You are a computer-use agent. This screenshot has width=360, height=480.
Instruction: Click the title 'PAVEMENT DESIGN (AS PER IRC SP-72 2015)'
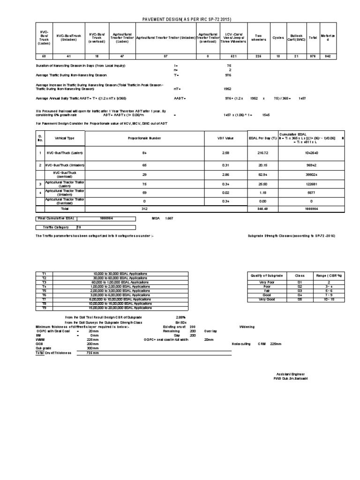tap(187, 19)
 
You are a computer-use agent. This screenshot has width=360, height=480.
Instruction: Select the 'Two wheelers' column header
tap(258, 37)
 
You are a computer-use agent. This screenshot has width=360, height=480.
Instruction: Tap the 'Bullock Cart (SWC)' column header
tap(297, 37)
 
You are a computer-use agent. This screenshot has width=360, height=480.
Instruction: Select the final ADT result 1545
tap(266, 114)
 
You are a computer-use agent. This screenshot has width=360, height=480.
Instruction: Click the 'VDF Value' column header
tap(225, 139)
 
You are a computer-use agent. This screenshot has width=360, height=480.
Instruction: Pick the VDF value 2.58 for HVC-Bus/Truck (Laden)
tap(225, 153)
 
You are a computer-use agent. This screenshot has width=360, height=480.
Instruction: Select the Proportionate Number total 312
tap(144, 209)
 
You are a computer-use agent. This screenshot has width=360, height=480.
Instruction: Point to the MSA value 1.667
tap(169, 218)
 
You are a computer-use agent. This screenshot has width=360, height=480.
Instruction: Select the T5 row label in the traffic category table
tap(45, 291)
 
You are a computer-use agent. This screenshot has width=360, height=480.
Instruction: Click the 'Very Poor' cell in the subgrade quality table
tap(266, 283)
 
